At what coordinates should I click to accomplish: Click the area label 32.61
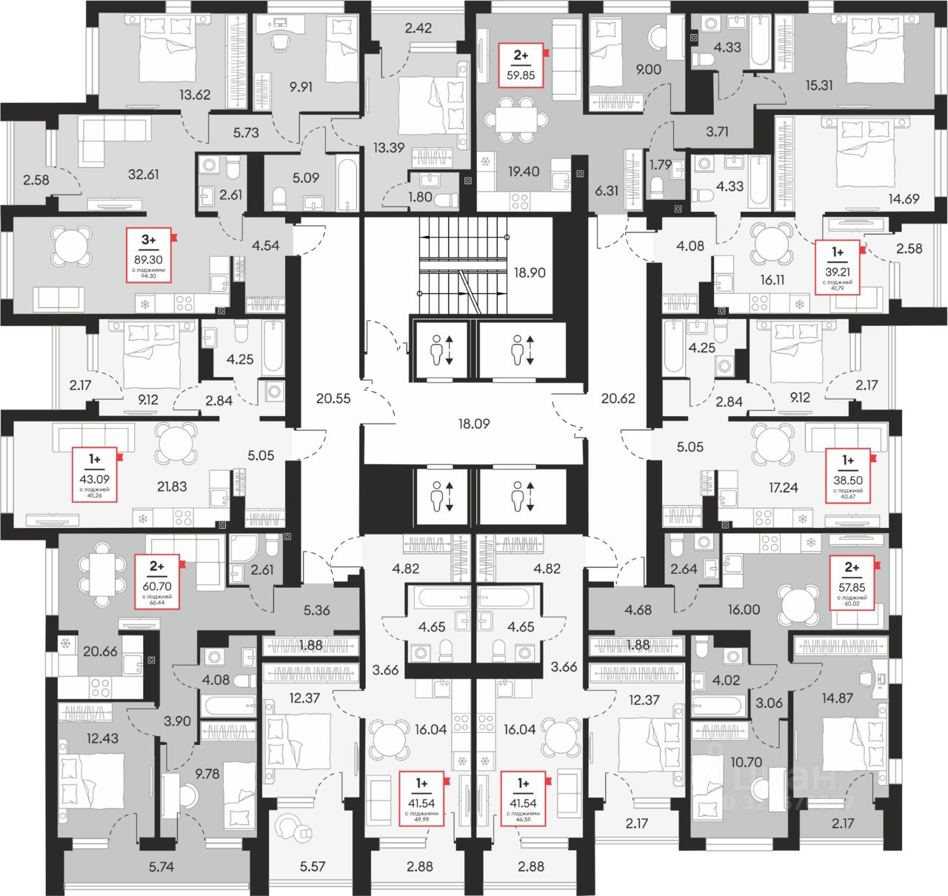pyautogui.click(x=143, y=175)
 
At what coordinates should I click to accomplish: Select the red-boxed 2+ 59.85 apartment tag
pyautogui.click(x=521, y=65)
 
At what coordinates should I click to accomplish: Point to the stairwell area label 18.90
pyautogui.click(x=530, y=273)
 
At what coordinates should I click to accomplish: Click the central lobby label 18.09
pyautogui.click(x=474, y=424)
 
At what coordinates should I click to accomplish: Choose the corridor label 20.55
pyautogui.click(x=333, y=398)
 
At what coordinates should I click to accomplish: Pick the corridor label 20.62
pyautogui.click(x=618, y=398)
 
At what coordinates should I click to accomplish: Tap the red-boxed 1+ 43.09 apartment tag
pyautogui.click(x=95, y=475)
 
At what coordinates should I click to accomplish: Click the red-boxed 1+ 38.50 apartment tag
pyautogui.click(x=847, y=478)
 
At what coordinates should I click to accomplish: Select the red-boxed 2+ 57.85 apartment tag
pyautogui.click(x=852, y=582)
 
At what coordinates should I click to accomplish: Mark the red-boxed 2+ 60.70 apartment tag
pyautogui.click(x=157, y=582)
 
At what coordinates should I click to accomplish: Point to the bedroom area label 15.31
pyautogui.click(x=819, y=85)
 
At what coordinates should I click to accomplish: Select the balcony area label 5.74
pyautogui.click(x=161, y=866)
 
